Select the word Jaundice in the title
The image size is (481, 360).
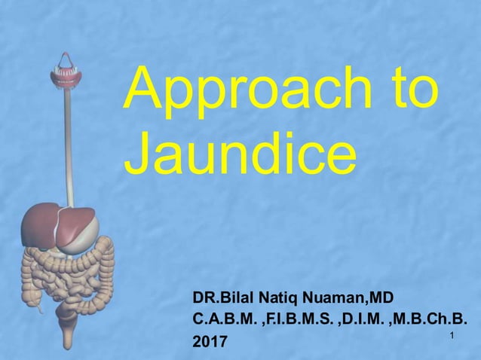tap(240, 155)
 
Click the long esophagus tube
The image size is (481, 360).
tap(68, 143)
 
